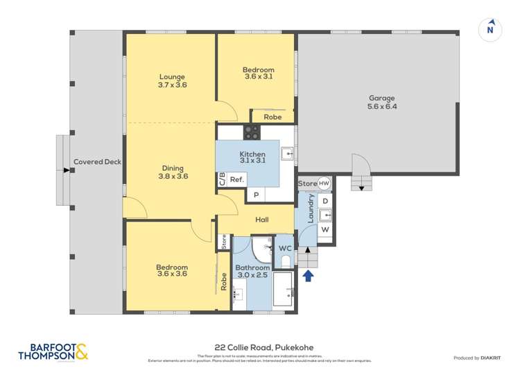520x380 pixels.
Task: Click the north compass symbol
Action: click(490, 29)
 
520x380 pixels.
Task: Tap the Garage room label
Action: click(381, 103)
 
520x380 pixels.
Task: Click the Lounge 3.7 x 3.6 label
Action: click(172, 81)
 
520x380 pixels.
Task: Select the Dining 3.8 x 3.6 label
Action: click(172, 172)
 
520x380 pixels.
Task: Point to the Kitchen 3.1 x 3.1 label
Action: click(252, 158)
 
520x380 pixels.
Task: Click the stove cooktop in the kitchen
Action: click(251, 132)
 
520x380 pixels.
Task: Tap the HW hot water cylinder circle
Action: click(324, 183)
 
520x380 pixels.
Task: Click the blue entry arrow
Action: click(308, 276)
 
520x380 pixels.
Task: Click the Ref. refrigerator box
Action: click(236, 179)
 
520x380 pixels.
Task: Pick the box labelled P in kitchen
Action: click(256, 195)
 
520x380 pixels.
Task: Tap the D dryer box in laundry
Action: click(325, 201)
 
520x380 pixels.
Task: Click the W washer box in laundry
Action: click(325, 229)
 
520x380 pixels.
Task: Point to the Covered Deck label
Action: click(97, 162)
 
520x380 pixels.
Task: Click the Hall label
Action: click(261, 220)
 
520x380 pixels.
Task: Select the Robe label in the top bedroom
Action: click(272, 117)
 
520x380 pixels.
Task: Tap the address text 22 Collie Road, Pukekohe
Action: click(260, 348)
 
